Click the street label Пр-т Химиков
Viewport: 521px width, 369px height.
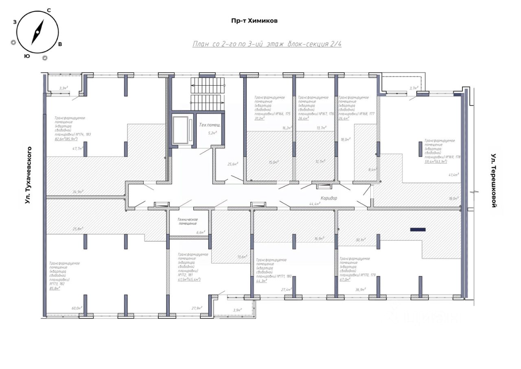(x=254, y=20)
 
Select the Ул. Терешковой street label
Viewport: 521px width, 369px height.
(x=494, y=181)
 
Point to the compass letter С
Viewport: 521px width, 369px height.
(x=49, y=10)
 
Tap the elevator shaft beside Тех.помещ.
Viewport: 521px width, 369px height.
(x=182, y=130)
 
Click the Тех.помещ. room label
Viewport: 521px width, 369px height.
(x=210, y=125)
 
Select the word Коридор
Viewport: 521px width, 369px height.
(x=329, y=198)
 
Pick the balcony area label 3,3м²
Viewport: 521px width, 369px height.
(x=63, y=88)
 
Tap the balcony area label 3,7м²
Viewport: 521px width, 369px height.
(x=413, y=88)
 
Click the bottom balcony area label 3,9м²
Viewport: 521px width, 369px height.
(x=237, y=310)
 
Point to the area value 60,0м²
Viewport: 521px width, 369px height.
(x=77, y=308)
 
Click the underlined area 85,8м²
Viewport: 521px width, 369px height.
(x=55, y=288)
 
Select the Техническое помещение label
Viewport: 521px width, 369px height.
(x=187, y=221)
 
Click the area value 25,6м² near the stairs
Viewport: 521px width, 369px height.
(x=232, y=164)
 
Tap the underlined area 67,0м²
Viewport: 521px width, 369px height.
(x=345, y=280)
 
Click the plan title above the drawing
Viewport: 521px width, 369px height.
(x=267, y=44)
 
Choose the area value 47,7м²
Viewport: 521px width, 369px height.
(x=78, y=149)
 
